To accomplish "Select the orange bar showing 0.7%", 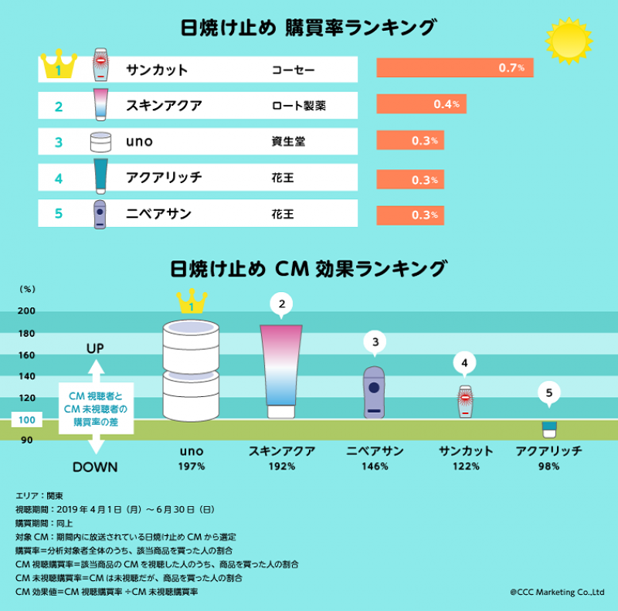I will pyautogui.click(x=454, y=68).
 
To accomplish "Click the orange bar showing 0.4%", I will pyautogui.click(x=421, y=104).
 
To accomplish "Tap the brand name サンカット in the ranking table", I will pyautogui.click(x=157, y=70).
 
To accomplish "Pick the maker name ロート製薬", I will pyautogui.click(x=298, y=105).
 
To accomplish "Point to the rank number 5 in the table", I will pyautogui.click(x=59, y=214).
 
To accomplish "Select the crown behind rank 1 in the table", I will pyautogui.click(x=59, y=66).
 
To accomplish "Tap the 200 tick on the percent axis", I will pyautogui.click(x=26, y=311).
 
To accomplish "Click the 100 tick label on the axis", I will pyautogui.click(x=26, y=421).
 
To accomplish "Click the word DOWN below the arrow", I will pyautogui.click(x=95, y=467).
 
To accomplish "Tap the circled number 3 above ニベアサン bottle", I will pyautogui.click(x=375, y=341).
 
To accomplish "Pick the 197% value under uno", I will pyautogui.click(x=191, y=467).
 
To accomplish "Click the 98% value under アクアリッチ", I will pyautogui.click(x=548, y=467).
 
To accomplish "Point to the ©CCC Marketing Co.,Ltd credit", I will pyautogui.click(x=557, y=592).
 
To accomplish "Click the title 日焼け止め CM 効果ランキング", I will pyautogui.click(x=308, y=268).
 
